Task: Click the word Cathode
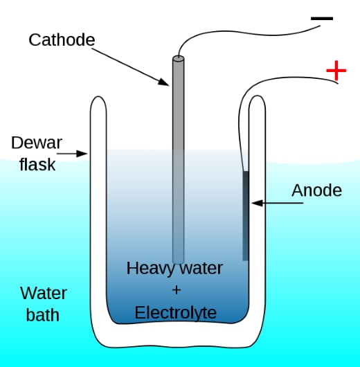(62, 39)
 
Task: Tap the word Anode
(316, 190)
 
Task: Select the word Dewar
(37, 143)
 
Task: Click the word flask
(33, 165)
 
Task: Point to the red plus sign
(336, 70)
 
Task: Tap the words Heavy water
(174, 268)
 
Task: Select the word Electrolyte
(175, 312)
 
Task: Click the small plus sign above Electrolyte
(175, 290)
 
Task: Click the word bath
(42, 315)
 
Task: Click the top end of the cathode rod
(179, 60)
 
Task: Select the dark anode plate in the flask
(245, 215)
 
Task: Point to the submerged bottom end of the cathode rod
(179, 260)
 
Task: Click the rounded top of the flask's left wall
(98, 99)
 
